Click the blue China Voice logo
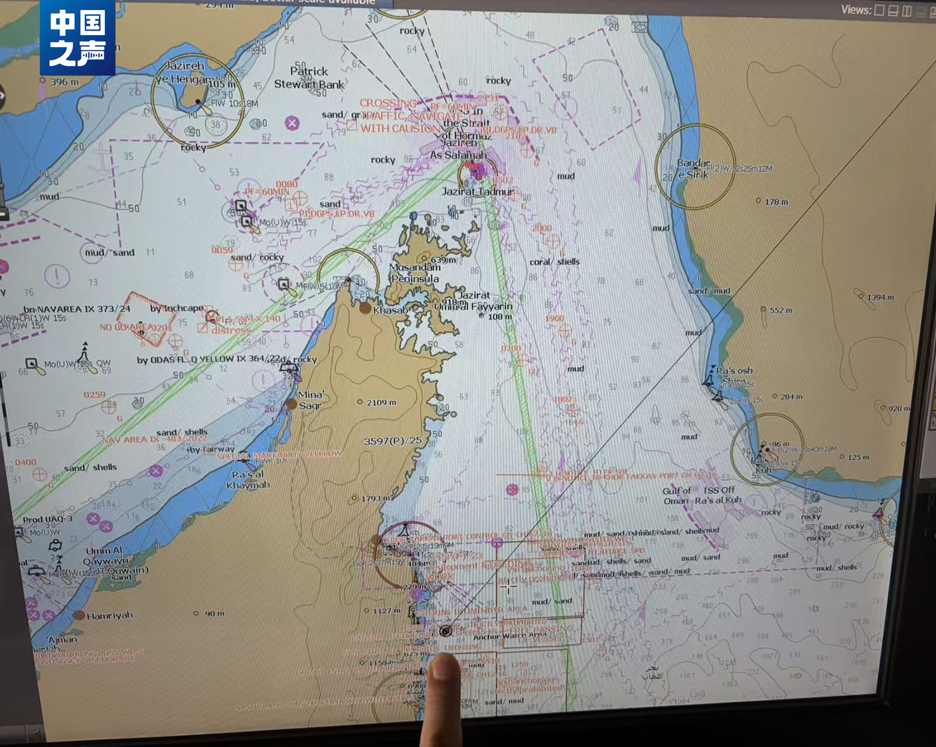tap(77, 37)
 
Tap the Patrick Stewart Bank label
tap(309, 78)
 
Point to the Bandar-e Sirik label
tap(693, 169)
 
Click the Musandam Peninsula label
tap(415, 273)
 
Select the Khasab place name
tap(390, 310)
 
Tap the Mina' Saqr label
tap(311, 400)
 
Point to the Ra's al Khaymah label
tap(248, 480)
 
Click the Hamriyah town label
tap(110, 616)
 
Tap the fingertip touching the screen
tap(443, 667)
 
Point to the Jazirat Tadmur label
tap(478, 191)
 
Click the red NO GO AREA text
tap(135, 327)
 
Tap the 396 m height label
tap(64, 82)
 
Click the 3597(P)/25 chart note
tap(393, 441)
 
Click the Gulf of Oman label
tap(677, 495)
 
